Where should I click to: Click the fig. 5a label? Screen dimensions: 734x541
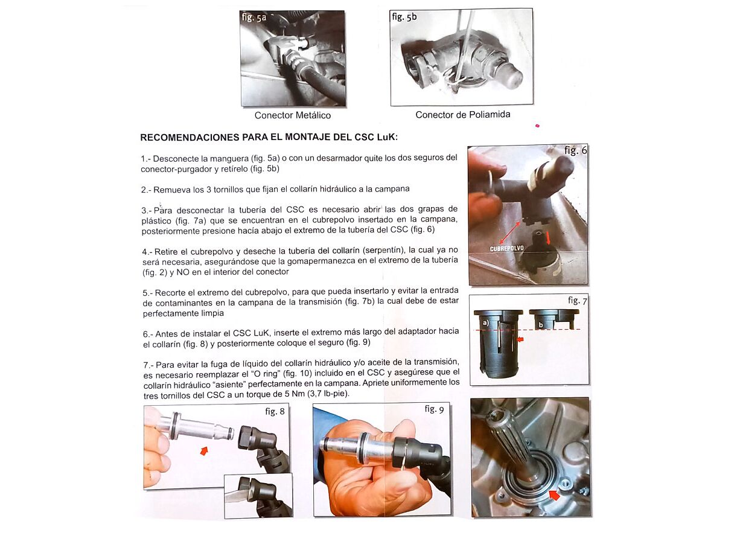point(254,17)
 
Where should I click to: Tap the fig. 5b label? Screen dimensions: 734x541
point(404,16)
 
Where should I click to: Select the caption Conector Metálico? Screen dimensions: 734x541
point(293,115)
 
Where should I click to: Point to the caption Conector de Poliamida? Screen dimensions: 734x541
point(463,115)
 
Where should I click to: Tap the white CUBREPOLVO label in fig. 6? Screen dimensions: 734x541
point(506,249)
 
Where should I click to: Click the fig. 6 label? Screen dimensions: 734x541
point(575,150)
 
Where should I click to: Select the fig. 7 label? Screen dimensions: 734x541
point(578,300)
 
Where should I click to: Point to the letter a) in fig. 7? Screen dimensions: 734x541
point(486,323)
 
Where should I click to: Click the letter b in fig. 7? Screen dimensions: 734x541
point(541,325)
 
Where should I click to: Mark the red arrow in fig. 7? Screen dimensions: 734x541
point(520,339)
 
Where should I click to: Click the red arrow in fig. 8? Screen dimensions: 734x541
point(204,451)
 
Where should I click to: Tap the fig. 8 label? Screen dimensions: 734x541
point(275,411)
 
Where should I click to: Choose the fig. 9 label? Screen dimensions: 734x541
point(434,409)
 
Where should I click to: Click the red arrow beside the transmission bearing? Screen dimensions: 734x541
point(554,495)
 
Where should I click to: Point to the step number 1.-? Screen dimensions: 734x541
point(145,159)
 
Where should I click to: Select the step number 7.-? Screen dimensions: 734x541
point(148,365)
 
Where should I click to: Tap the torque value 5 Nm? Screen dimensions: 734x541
point(294,394)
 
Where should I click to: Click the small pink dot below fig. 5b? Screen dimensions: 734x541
point(537,126)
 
